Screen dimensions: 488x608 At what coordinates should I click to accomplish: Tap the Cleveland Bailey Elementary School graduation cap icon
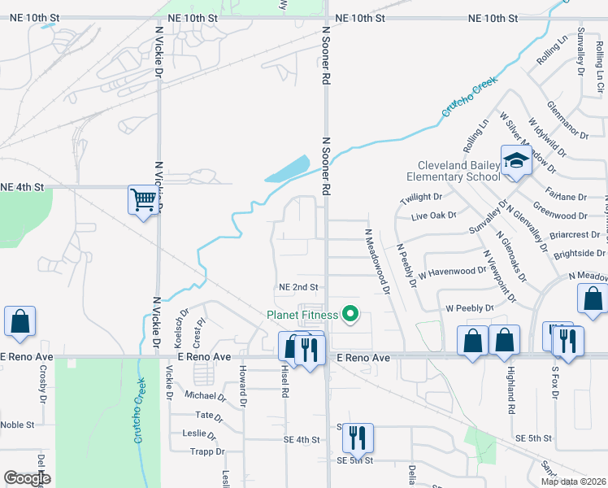[515, 161]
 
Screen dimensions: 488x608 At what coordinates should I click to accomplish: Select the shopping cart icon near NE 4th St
[143, 199]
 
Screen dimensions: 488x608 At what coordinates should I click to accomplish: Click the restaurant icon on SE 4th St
[357, 438]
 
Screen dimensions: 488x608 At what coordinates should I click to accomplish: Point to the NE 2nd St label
[297, 287]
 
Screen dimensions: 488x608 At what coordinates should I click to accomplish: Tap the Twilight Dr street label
[420, 197]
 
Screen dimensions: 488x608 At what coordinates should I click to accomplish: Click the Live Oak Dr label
[434, 216]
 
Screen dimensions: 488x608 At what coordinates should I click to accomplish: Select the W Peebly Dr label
[469, 308]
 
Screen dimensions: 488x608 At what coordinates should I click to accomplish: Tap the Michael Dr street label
[204, 396]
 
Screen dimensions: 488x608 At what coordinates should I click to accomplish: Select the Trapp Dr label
[206, 451]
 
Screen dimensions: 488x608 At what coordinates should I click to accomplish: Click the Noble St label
[17, 425]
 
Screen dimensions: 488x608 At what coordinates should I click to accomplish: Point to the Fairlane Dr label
[568, 197]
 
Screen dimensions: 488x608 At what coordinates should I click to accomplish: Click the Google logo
[26, 478]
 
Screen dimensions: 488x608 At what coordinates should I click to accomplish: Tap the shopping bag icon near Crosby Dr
[20, 322]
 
